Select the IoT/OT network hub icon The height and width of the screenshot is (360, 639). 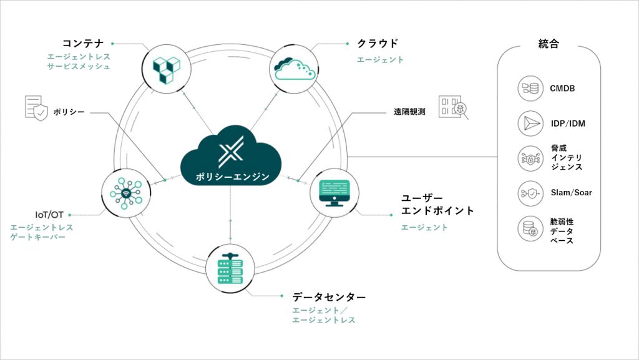125,192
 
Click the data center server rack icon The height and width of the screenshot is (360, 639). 230,268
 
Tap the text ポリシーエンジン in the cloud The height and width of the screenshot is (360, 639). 230,177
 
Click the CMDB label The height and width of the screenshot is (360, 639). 562,89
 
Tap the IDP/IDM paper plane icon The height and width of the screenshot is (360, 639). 528,124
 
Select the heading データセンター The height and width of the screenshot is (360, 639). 329,296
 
